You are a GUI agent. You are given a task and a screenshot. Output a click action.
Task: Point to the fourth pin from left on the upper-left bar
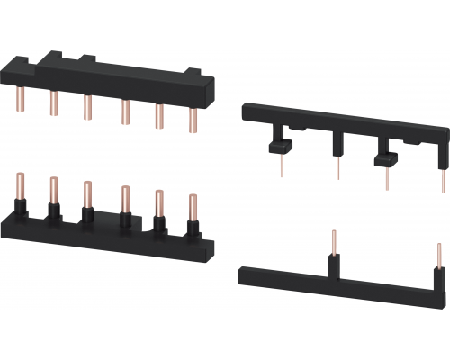pyautogui.click(x=125, y=110)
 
